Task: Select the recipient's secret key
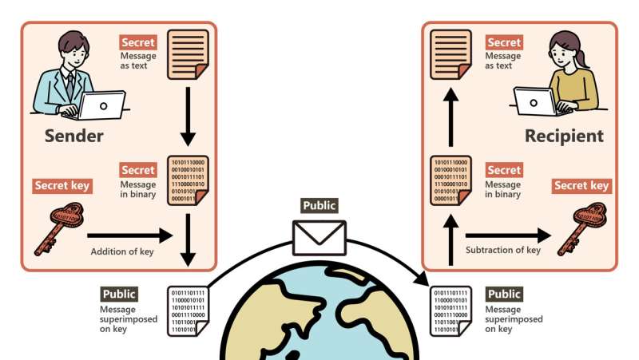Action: [x=581, y=227]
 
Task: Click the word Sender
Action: [x=73, y=136]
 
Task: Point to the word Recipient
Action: [x=564, y=136]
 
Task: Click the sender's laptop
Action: [x=101, y=105]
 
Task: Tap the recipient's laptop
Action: [x=536, y=101]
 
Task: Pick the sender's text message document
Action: [x=188, y=54]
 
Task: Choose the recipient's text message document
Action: [x=450, y=54]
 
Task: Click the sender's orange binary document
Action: [x=188, y=180]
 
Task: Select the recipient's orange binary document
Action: [x=450, y=180]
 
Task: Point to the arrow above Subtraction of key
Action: [x=510, y=235]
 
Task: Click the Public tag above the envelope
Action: [x=319, y=206]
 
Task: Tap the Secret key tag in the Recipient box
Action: [x=581, y=186]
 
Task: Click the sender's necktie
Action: [x=70, y=84]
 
